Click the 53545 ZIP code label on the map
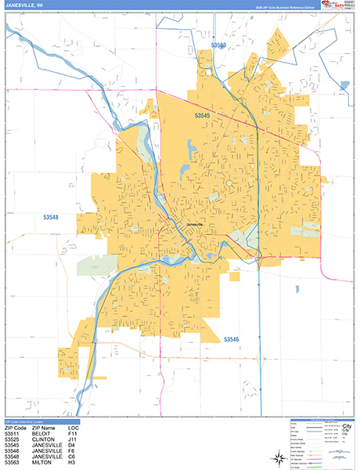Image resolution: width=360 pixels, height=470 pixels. (x=203, y=116)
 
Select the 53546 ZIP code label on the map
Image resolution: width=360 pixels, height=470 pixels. (x=234, y=339)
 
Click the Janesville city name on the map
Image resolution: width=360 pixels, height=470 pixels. (x=193, y=225)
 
